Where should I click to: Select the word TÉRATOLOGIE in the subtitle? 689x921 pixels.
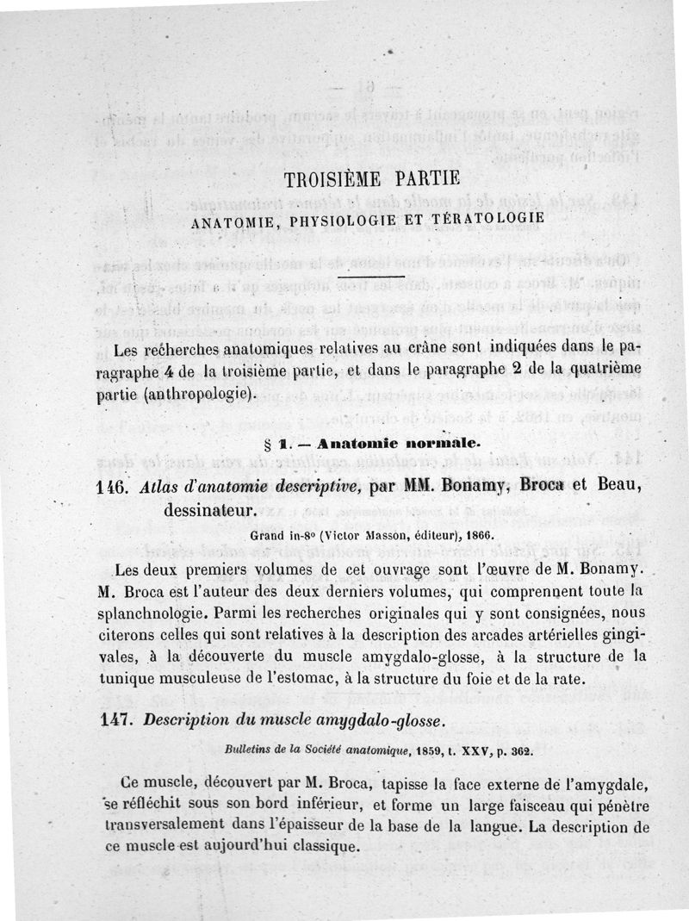(x=490, y=217)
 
